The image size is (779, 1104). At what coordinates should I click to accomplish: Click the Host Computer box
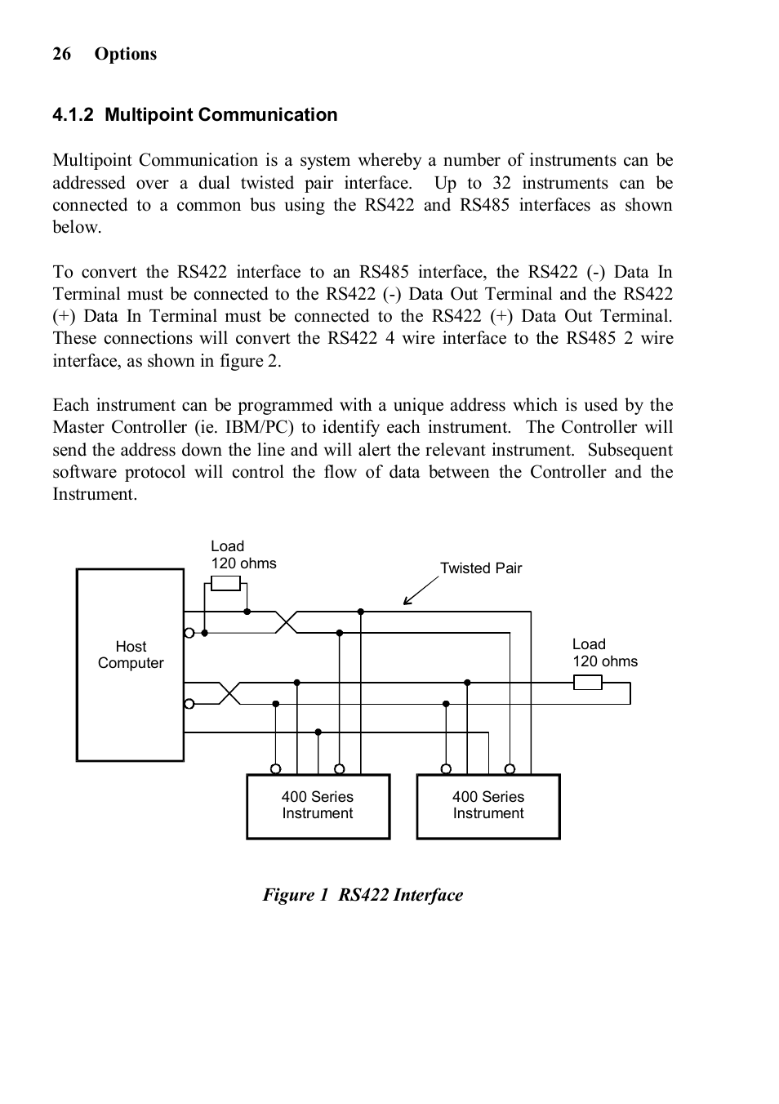click(x=130, y=665)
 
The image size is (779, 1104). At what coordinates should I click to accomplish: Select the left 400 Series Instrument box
click(x=318, y=806)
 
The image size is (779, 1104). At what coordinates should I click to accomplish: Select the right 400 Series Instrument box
click(x=488, y=806)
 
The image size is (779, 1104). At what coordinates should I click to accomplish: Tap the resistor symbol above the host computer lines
click(x=225, y=583)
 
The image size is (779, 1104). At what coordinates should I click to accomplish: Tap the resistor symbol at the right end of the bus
click(x=588, y=683)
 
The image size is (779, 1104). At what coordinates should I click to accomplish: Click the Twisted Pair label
click(x=481, y=568)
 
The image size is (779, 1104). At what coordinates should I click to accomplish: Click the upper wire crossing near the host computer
click(x=287, y=622)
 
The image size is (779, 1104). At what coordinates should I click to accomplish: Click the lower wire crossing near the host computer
click(x=230, y=693)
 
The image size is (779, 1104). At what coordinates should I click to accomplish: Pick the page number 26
click(x=62, y=54)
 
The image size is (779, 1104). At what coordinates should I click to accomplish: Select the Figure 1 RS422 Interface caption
click(x=363, y=895)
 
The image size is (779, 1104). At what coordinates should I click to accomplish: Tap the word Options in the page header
click(x=125, y=54)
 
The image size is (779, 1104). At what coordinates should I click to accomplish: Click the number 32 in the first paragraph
click(x=501, y=183)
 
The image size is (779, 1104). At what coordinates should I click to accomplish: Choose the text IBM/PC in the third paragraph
click(x=259, y=427)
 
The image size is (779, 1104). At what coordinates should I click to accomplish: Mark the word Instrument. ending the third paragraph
click(x=95, y=494)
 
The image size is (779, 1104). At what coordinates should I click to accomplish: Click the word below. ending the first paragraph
click(x=78, y=227)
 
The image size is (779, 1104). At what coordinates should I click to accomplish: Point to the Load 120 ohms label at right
click(x=604, y=653)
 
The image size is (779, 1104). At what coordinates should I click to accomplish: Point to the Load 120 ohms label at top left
click(x=243, y=555)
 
